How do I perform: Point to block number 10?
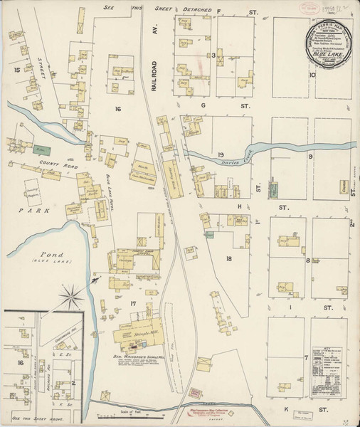[x=312, y=74]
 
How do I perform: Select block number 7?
[x=307, y=357]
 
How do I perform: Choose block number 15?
[x=16, y=70]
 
